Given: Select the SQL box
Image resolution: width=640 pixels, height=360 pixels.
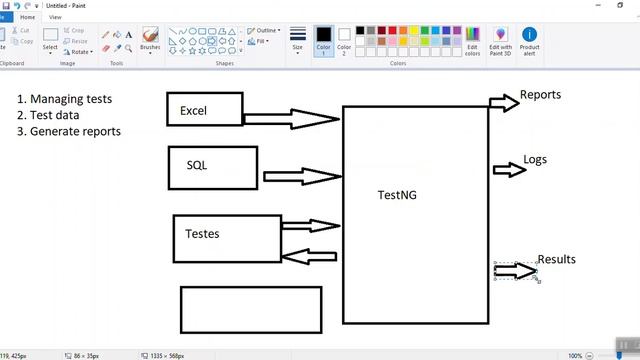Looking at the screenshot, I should (x=212, y=167).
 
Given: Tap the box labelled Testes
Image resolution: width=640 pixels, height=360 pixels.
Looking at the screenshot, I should (x=226, y=238).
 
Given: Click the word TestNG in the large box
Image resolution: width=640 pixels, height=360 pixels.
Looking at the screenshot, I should (x=396, y=194).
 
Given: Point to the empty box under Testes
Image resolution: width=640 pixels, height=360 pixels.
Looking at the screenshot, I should (x=251, y=309).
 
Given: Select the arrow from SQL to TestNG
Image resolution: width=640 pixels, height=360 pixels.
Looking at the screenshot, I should (x=301, y=176).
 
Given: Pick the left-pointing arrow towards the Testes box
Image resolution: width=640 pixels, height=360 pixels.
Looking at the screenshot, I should (x=310, y=256).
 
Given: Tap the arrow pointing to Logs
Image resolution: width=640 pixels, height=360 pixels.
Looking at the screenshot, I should (x=509, y=169).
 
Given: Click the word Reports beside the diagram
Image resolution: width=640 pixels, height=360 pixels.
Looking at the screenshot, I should (x=540, y=95).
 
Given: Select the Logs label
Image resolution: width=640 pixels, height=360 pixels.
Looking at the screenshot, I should (x=535, y=160).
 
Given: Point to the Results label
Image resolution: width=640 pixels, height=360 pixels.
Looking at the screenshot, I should (x=556, y=259).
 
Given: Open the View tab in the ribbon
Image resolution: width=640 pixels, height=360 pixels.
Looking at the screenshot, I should (x=55, y=17).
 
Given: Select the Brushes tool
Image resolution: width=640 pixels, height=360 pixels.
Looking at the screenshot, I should (x=150, y=39).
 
